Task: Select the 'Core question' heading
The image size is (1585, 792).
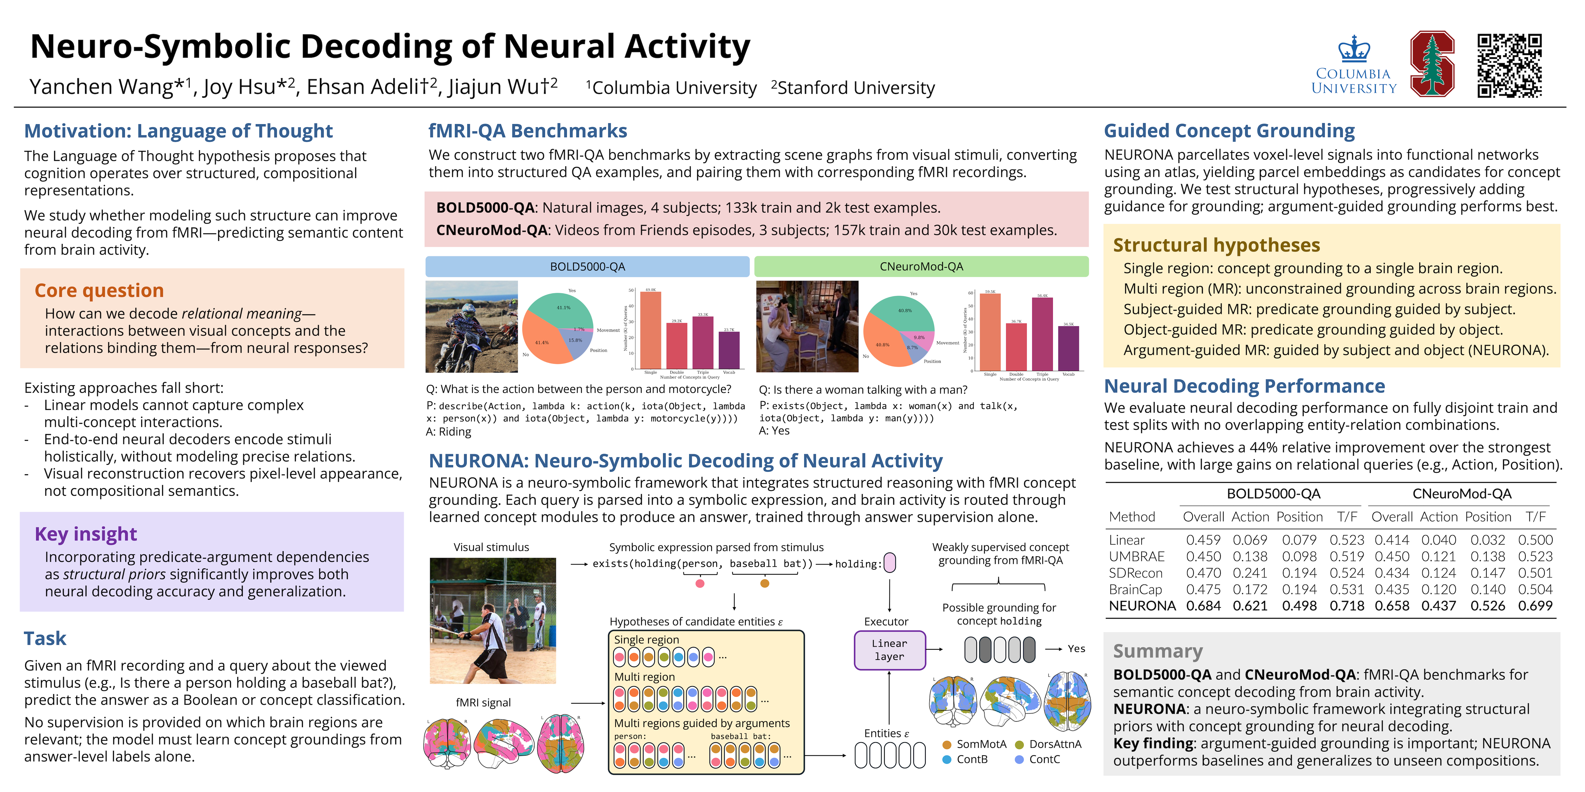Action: pyautogui.click(x=99, y=290)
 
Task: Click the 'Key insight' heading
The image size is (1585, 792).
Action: pyautogui.click(x=86, y=534)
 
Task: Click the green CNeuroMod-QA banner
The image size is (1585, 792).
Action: pyautogui.click(x=921, y=266)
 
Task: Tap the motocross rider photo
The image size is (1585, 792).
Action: pyautogui.click(x=472, y=327)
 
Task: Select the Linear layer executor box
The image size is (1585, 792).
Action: pyautogui.click(x=889, y=650)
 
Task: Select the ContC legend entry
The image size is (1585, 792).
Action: pyautogui.click(x=1044, y=759)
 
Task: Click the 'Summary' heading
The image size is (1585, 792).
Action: pyautogui.click(x=1157, y=651)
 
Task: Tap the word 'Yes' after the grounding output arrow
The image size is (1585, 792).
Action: pyautogui.click(x=1076, y=649)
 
